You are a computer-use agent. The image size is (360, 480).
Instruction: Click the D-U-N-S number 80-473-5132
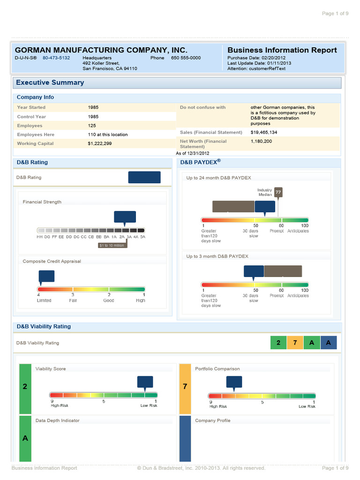(x=56, y=58)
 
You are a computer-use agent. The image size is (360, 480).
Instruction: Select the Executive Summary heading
(x=50, y=82)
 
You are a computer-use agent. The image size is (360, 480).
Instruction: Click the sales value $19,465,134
(x=264, y=132)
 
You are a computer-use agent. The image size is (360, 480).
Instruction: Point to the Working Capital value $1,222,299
(x=100, y=143)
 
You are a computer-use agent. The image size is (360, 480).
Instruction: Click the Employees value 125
(x=92, y=126)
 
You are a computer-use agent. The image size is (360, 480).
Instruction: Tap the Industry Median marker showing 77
(x=278, y=192)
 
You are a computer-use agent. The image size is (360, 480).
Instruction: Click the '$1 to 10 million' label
(x=112, y=245)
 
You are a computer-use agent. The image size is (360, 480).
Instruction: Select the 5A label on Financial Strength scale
(x=142, y=237)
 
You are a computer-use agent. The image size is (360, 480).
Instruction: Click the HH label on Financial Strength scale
(x=40, y=237)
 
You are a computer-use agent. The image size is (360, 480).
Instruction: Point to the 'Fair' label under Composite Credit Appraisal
(x=73, y=300)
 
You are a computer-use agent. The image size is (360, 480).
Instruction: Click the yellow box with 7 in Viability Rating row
(x=295, y=343)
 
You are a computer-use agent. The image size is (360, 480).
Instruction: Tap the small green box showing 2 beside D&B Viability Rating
(x=278, y=343)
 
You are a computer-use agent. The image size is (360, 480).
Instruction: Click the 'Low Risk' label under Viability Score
(x=149, y=405)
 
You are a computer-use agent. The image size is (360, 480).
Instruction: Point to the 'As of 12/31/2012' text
(x=193, y=153)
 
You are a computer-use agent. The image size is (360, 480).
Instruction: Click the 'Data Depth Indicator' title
(x=58, y=420)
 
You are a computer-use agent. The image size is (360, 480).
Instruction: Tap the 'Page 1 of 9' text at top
(x=335, y=13)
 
